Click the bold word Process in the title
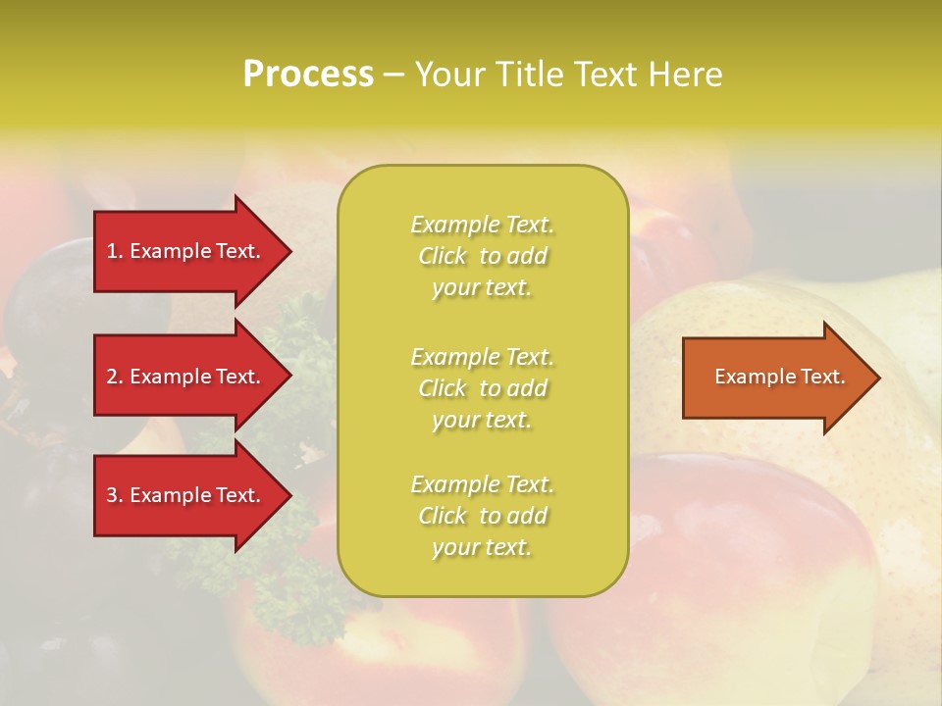coord(308,75)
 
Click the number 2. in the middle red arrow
coord(115,377)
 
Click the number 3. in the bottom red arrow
coord(115,495)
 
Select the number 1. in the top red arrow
coord(115,251)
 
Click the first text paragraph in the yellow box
coord(482,256)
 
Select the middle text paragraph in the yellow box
coord(482,388)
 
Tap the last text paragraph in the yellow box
coord(482,516)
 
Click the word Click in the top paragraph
coord(443,256)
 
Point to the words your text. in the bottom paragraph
coord(482,547)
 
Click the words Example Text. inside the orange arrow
coord(780,377)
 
